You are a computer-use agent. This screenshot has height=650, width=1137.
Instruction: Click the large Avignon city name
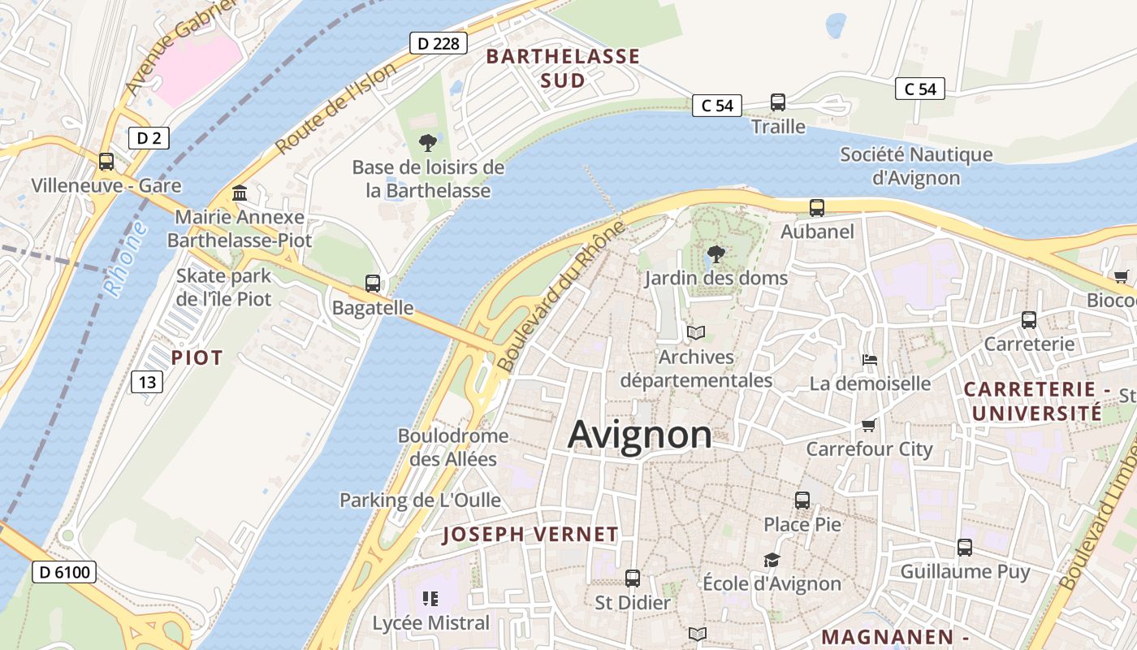coord(640,435)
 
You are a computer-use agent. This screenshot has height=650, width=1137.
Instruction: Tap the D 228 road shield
coord(439,43)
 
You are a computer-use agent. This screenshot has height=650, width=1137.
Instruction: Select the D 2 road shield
coord(149,138)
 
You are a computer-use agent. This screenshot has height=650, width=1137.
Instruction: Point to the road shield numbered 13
coord(147,381)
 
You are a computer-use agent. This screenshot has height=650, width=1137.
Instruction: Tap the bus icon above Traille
coord(777,102)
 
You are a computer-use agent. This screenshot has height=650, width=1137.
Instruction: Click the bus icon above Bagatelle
coord(373,284)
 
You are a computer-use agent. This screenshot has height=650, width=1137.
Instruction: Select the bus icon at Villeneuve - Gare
coord(106,161)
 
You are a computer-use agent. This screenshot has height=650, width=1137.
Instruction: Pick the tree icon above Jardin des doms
coord(715,254)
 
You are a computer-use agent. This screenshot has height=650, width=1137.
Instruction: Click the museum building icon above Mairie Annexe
coord(240,193)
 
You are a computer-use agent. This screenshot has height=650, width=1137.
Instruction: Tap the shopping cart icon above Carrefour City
coord(868,425)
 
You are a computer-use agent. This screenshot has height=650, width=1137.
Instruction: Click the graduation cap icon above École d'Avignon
coord(771,560)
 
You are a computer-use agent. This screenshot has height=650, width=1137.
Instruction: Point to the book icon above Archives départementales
coord(696,332)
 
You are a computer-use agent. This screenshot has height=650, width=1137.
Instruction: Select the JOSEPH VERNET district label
coord(530,535)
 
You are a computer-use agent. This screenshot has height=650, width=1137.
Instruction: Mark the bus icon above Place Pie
coord(802,500)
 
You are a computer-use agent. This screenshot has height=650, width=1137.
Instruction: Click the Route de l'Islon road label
coord(335,108)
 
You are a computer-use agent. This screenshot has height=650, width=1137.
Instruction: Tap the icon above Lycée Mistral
coord(430,600)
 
